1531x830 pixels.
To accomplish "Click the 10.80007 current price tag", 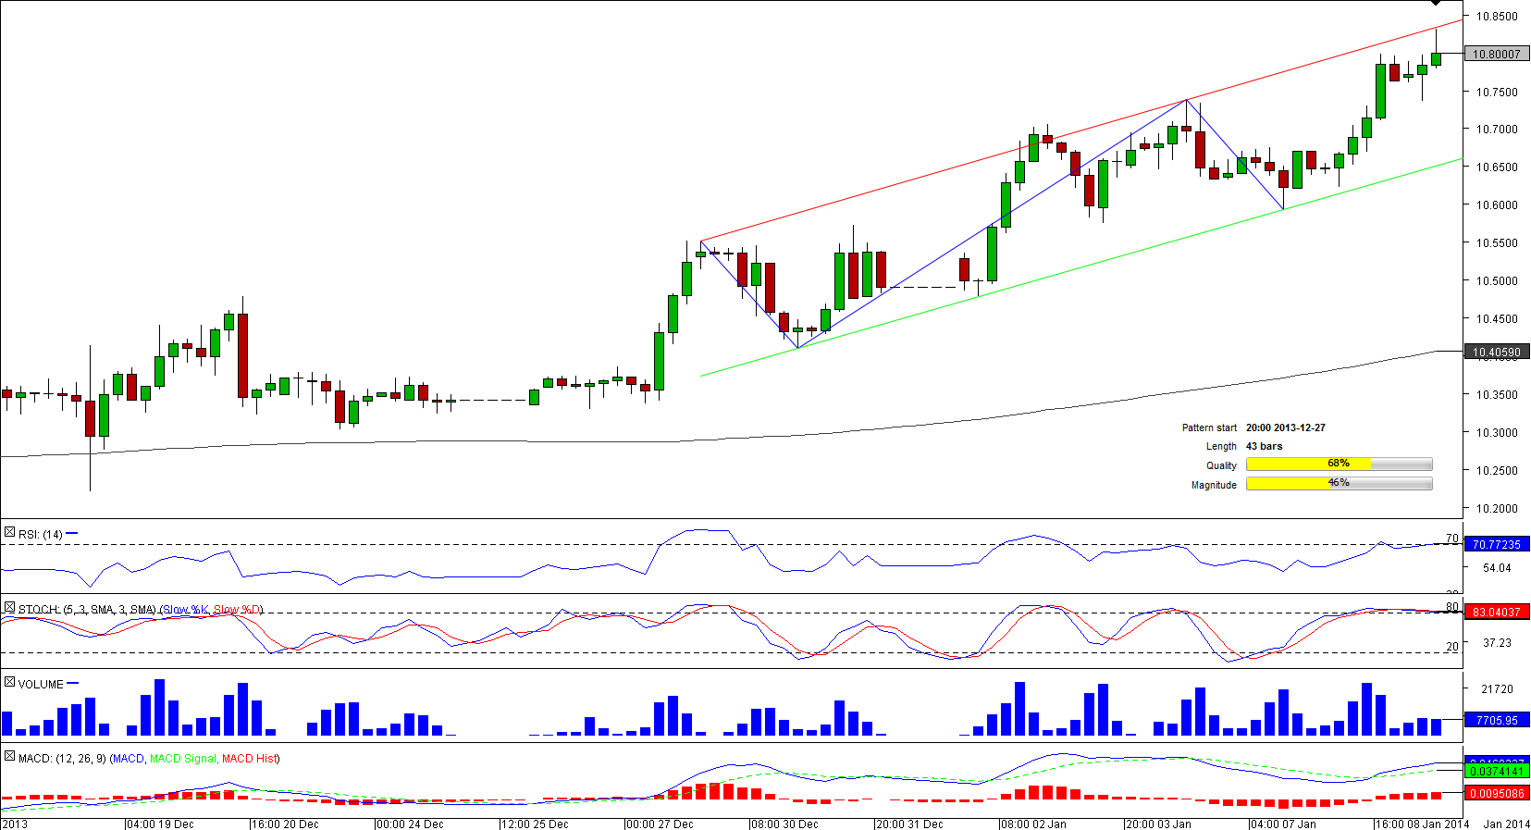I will pos(1497,54).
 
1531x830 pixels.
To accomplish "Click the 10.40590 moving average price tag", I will pos(1497,352).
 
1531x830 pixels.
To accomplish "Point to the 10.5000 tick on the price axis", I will pos(1496,280).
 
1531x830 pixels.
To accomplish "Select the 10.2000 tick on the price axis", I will pos(1496,508).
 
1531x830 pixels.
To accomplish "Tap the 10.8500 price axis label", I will pos(1496,16).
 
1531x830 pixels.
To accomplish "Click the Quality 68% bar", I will pos(1339,464).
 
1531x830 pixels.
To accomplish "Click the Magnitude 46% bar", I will pos(1339,483).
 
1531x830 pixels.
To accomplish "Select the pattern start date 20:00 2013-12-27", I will pos(1285,427).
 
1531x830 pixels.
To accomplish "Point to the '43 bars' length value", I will pos(1264,446).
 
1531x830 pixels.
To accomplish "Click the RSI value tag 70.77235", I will pos(1497,544).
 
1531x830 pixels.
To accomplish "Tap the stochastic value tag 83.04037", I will pos(1497,612).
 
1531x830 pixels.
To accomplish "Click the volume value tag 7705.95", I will pos(1497,720).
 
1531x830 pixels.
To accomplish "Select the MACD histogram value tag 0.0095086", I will pos(1497,793).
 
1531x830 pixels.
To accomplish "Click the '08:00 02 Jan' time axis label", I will pos(1033,824).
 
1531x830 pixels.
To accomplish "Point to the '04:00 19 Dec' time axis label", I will pos(160,824).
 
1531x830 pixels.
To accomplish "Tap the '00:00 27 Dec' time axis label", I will pos(660,824).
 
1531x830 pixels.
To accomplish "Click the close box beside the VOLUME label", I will pos(9,682).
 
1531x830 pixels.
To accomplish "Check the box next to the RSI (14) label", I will pos(9,532).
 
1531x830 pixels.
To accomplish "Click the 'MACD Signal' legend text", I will pos(182,758).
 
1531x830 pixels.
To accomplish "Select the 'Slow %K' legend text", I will pos(185,609).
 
